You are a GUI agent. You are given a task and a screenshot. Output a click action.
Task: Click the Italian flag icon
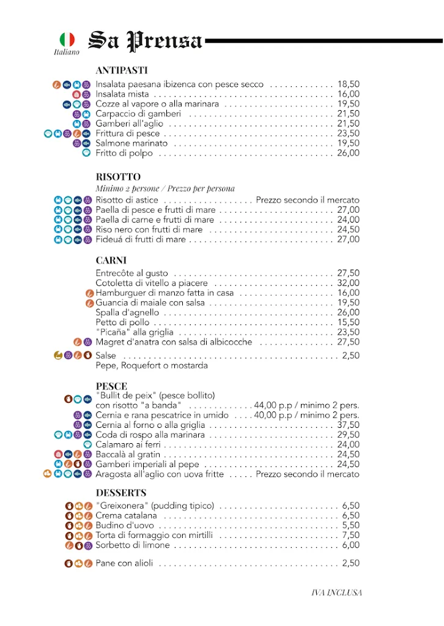tap(67, 40)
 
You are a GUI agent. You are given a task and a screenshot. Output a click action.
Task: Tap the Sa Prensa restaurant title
tap(146, 41)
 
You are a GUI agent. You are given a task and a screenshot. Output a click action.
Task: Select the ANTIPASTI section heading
tap(122, 70)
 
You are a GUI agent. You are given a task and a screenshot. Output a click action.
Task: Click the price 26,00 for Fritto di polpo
tap(348, 153)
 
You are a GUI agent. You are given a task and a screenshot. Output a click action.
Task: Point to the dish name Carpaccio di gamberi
tap(138, 114)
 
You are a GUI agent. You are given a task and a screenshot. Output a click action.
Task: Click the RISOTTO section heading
tap(118, 177)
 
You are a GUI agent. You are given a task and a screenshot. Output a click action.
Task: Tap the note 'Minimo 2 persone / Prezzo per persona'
tap(165, 188)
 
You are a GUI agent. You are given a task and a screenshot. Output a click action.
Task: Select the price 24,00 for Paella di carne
tap(348, 220)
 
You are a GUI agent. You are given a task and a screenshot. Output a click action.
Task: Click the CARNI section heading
tap(111, 260)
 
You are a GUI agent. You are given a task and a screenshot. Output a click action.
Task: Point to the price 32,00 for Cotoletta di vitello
tap(348, 284)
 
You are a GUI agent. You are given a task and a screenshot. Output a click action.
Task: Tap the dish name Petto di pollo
tap(122, 323)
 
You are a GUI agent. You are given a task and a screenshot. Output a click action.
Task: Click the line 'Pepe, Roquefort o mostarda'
tap(152, 366)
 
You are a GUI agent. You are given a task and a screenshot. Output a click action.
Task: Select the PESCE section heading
tap(111, 386)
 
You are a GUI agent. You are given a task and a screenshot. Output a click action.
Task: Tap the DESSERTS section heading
tap(121, 493)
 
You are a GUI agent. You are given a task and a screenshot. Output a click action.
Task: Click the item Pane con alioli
tap(124, 564)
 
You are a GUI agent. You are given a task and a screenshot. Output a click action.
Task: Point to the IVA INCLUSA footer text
tap(337, 592)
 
